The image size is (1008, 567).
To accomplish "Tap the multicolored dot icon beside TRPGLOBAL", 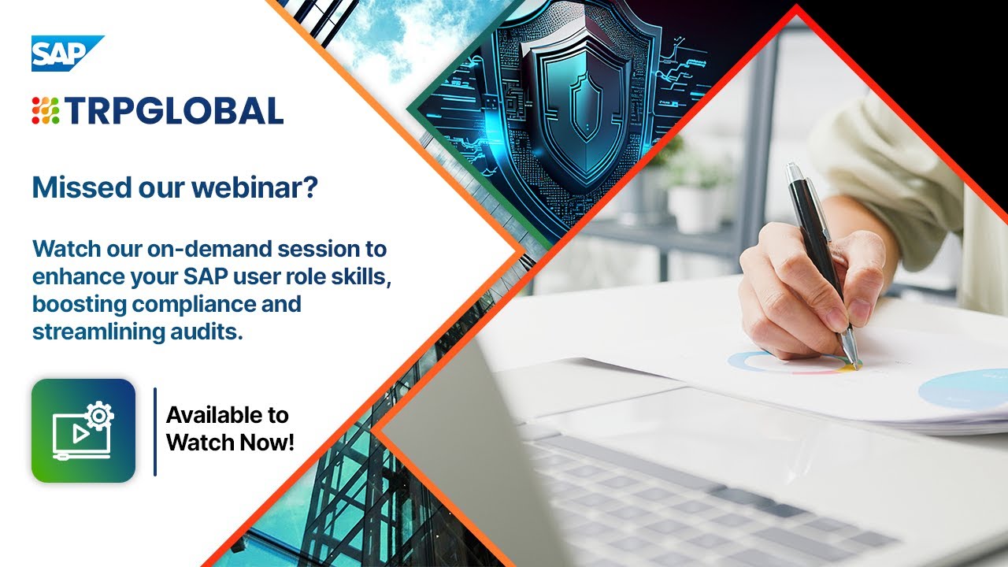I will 46,111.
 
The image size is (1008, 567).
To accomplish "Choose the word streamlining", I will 90,332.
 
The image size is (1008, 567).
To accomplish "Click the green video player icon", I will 83,431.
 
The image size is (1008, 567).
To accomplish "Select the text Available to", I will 227,415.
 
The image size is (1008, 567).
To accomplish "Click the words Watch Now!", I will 230,442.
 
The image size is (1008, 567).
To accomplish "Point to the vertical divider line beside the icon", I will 154,432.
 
